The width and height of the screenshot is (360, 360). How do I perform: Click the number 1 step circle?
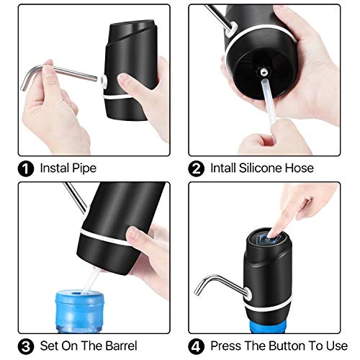pyautogui.click(x=26, y=168)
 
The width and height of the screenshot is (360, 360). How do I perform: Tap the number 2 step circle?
pyautogui.click(x=197, y=168)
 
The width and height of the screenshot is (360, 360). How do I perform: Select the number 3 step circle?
pyautogui.click(x=26, y=346)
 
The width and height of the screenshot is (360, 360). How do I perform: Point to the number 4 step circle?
pyautogui.click(x=197, y=346)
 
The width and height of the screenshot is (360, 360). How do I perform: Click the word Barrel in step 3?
pyautogui.click(x=121, y=346)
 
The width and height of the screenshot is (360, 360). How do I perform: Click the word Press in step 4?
pyautogui.click(x=226, y=346)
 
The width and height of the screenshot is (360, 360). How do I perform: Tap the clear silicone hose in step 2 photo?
pyautogui.click(x=269, y=101)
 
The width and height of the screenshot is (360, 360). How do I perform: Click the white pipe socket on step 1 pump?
pyautogui.click(x=103, y=81)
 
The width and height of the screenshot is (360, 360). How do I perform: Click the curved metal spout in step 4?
pyautogui.click(x=221, y=283)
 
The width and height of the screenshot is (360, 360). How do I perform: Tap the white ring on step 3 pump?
pyautogui.click(x=106, y=238)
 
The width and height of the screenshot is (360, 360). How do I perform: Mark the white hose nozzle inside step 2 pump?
pyautogui.click(x=264, y=71)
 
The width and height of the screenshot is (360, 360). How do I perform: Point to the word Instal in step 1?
pyautogui.click(x=54, y=168)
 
